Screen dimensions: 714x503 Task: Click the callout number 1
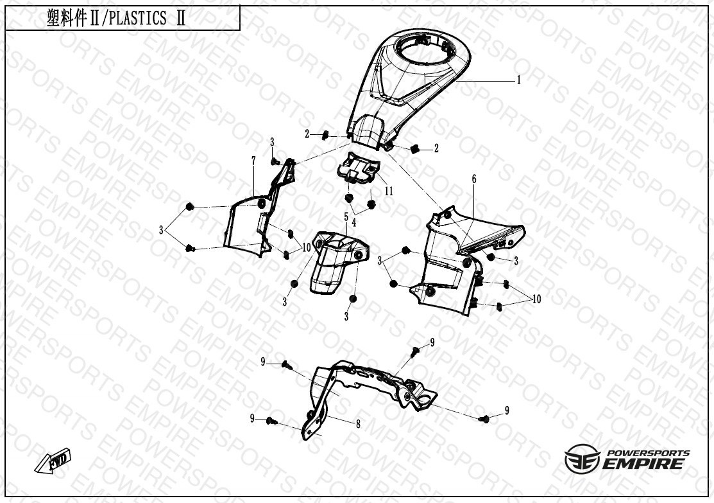click(518, 80)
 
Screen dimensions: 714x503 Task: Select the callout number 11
click(388, 191)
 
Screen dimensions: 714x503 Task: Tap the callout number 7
click(253, 161)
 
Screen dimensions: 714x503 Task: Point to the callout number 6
click(474, 179)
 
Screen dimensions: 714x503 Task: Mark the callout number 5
click(346, 216)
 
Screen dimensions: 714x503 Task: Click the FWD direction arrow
click(53, 460)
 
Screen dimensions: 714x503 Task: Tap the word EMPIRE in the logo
click(643, 464)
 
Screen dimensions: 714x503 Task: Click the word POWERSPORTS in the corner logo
click(649, 454)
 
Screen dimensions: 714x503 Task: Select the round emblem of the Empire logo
click(582, 459)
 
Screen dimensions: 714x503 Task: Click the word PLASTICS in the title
click(138, 19)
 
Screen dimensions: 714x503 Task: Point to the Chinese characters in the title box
click(67, 19)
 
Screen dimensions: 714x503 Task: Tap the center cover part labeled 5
click(338, 261)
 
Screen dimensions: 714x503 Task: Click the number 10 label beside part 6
click(536, 299)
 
